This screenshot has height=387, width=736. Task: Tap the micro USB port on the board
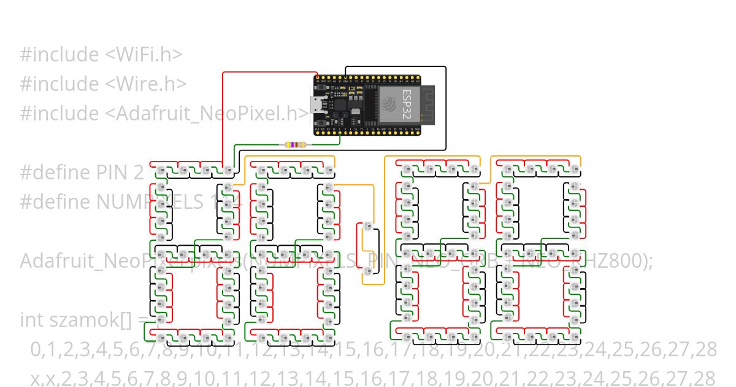pos(316,105)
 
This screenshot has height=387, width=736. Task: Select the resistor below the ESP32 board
pos(294,145)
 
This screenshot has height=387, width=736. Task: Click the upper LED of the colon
pos(368,227)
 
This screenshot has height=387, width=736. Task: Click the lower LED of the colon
pos(368,270)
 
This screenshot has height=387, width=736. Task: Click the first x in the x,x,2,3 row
pos(34,378)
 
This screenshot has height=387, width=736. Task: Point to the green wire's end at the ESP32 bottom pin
pos(339,131)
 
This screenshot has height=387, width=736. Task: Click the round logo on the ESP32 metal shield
pos(388,104)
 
